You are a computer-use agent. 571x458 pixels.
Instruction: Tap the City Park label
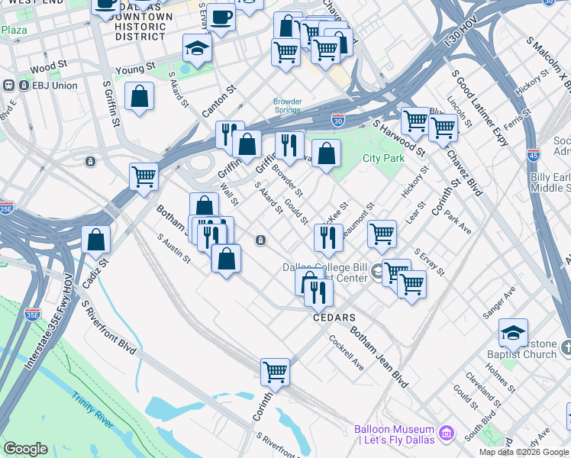(382, 158)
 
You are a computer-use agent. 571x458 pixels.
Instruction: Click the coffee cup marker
(221, 17)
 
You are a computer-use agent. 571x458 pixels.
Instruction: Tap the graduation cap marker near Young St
(197, 49)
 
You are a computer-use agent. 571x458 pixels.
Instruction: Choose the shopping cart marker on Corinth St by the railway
(275, 373)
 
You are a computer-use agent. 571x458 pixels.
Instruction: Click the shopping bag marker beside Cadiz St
(96, 240)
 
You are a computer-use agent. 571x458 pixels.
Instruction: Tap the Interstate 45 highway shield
(534, 156)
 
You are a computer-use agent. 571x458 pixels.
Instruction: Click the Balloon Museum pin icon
(448, 434)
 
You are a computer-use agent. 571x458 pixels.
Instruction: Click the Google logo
(25, 449)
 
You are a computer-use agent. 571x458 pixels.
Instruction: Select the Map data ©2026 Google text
(523, 452)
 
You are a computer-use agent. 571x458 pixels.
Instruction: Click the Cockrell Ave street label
(347, 352)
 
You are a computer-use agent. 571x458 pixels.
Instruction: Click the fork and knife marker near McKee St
(328, 237)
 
